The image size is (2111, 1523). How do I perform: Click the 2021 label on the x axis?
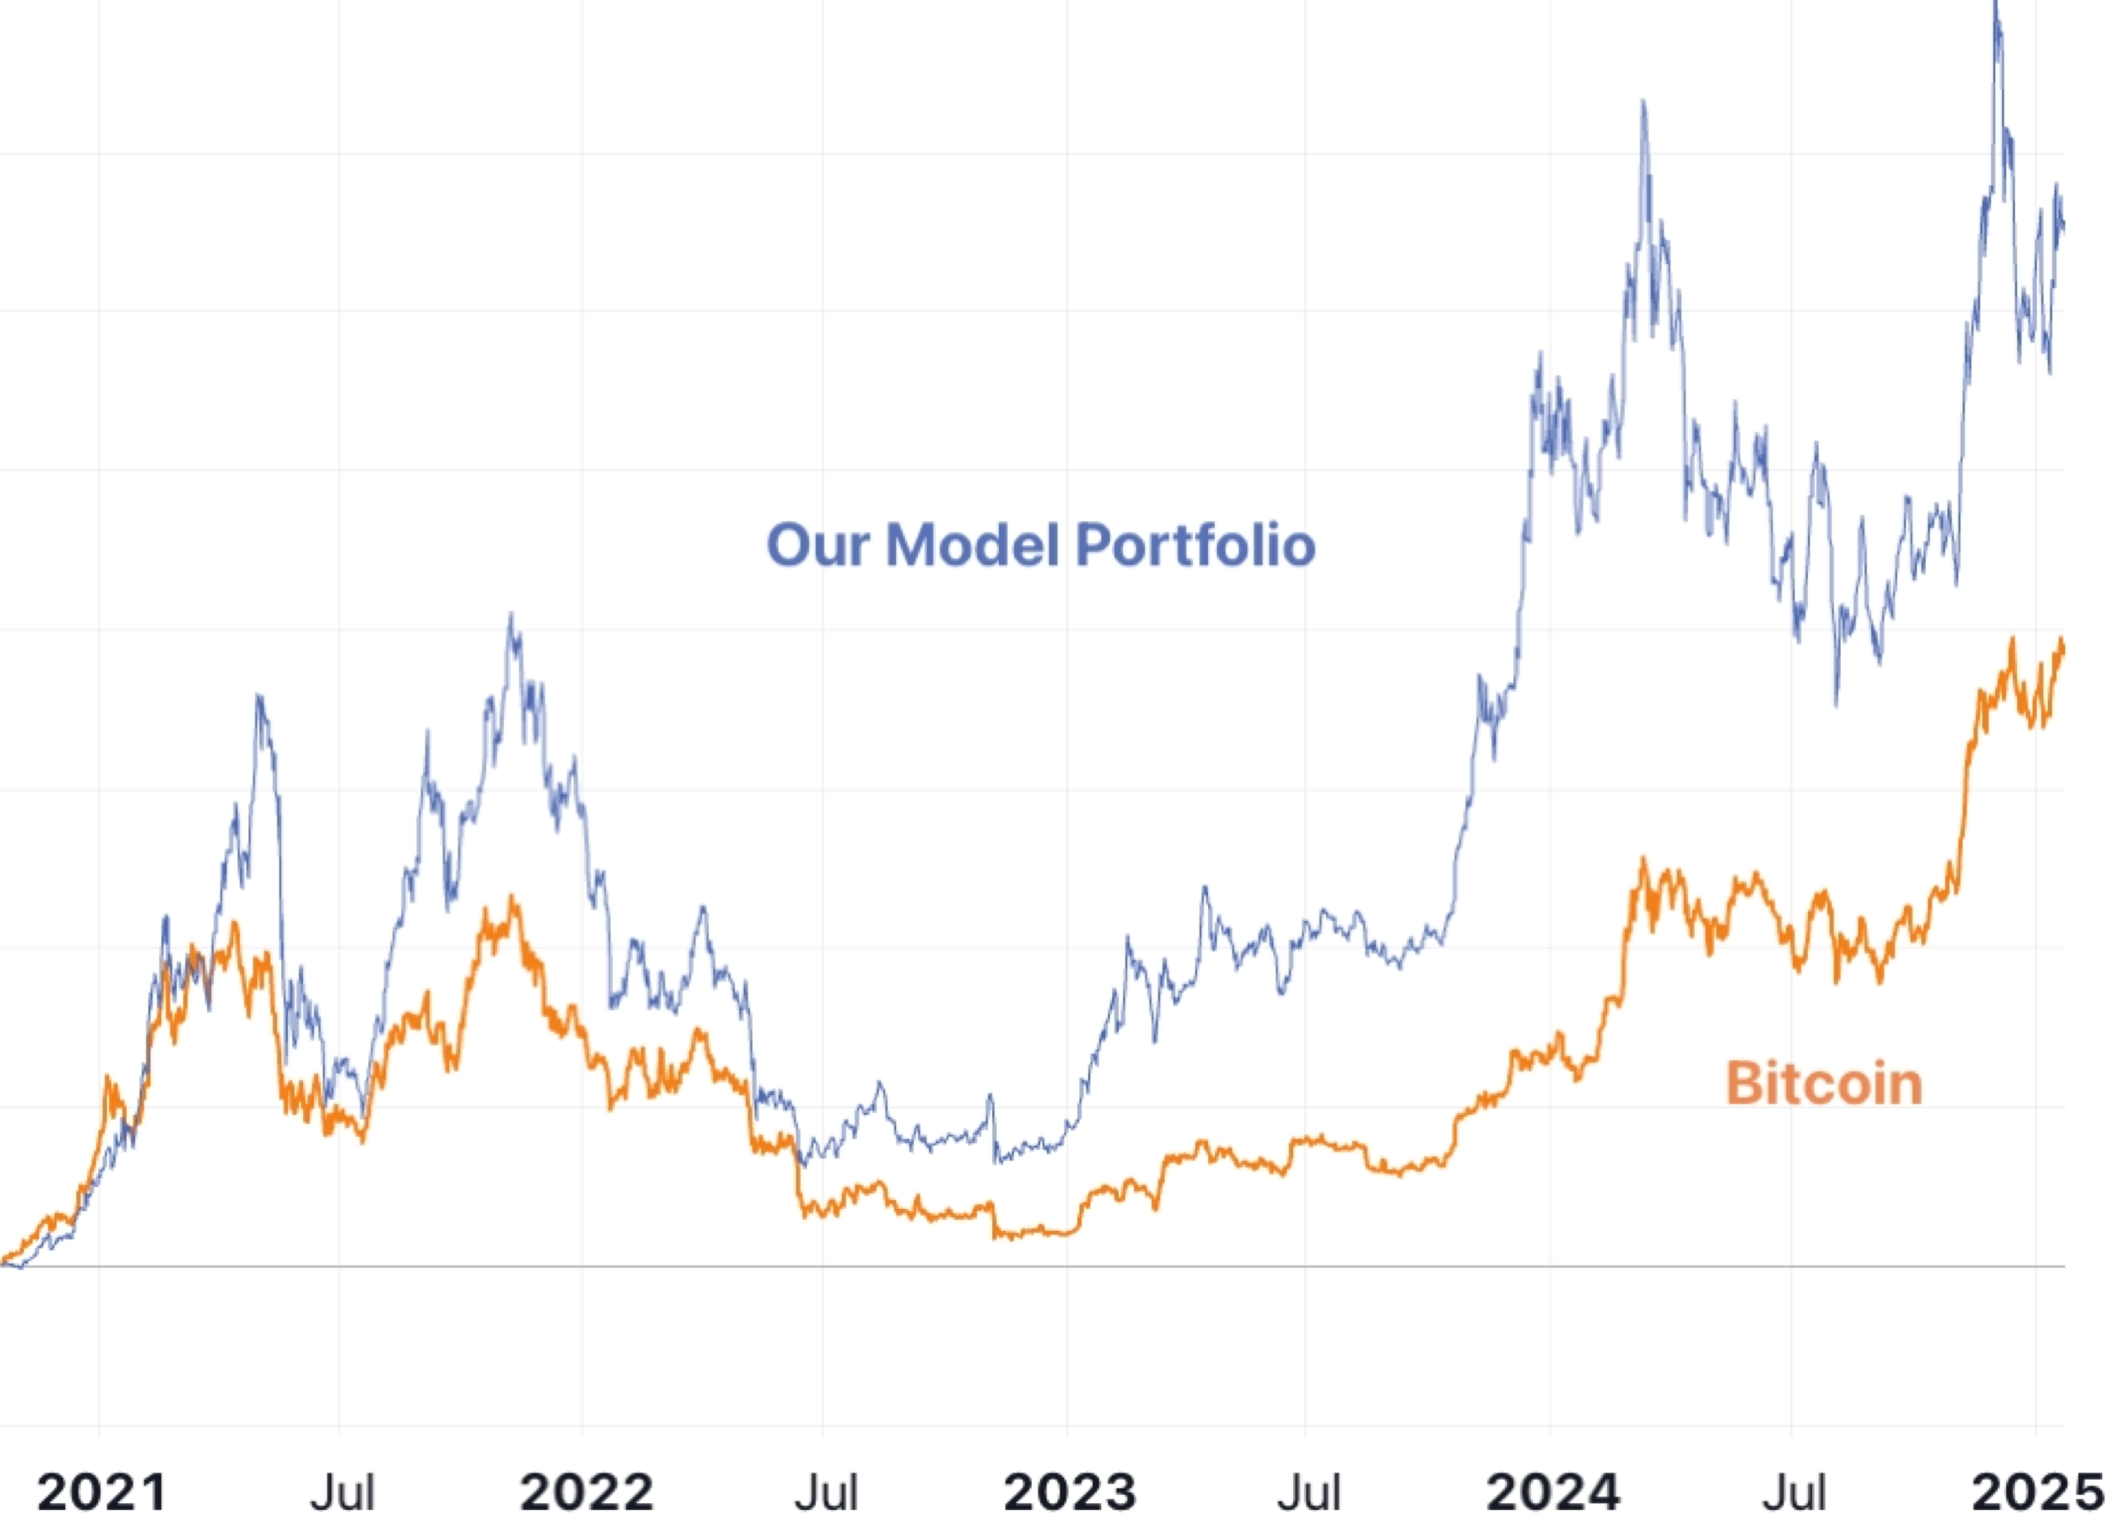[x=102, y=1492]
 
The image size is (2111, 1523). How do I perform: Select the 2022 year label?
[x=586, y=1492]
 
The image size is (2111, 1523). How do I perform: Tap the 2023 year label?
[x=1070, y=1492]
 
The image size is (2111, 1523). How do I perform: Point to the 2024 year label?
[x=1553, y=1492]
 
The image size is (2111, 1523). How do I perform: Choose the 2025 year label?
[x=2038, y=1492]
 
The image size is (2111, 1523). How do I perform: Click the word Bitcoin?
[x=1824, y=1084]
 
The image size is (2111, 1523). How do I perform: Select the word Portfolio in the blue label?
[x=1195, y=545]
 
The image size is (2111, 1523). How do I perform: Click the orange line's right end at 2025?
[x=2063, y=642]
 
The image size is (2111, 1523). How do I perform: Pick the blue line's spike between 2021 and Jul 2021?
[x=259, y=696]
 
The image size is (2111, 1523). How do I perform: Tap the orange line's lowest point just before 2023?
[x=997, y=1238]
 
